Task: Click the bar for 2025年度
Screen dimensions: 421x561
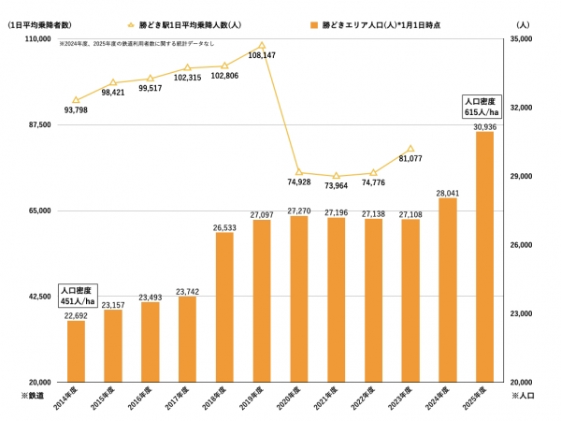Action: (484, 257)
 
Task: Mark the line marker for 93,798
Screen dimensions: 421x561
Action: (76, 100)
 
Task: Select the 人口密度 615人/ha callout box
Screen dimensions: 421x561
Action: (483, 106)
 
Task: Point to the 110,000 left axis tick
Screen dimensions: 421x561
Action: (38, 39)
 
